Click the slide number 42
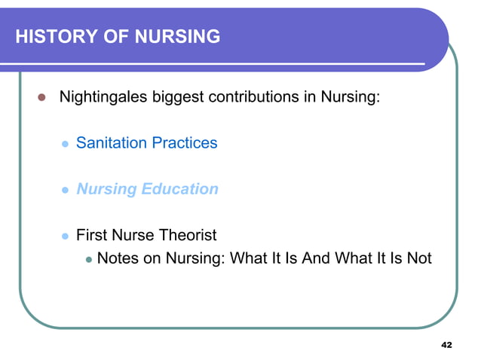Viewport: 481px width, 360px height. tap(446, 344)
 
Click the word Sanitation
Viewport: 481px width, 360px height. tap(111, 142)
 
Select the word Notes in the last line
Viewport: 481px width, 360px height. tap(118, 258)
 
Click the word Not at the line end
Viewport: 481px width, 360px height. tap(418, 258)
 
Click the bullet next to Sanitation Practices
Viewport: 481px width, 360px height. tap(64, 143)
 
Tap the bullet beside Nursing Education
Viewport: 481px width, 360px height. tap(64, 190)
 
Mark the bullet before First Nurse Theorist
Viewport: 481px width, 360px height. tap(64, 236)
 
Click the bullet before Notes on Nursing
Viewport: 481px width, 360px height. tap(88, 259)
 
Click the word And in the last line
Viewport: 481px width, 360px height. tap(316, 258)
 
